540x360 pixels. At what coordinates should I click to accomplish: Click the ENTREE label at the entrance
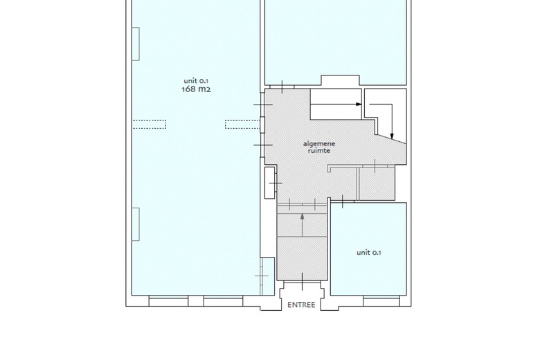point(301,305)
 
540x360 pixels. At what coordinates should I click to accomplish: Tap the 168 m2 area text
point(196,89)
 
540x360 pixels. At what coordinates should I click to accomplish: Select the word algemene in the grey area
point(319,144)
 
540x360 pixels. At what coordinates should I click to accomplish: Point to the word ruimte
point(319,150)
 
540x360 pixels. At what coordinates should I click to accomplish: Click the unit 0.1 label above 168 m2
point(196,81)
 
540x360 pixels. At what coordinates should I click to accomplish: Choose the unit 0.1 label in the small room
point(368,253)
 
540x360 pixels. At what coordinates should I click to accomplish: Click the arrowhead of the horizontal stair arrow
point(359,104)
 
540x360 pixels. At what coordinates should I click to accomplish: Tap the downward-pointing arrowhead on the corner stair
point(392,136)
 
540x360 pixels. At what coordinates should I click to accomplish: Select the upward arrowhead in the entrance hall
point(303,216)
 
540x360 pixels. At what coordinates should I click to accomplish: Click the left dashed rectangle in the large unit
point(150,125)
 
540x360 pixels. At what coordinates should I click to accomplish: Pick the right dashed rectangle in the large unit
point(242,125)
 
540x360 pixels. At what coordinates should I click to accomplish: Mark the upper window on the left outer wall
point(136,44)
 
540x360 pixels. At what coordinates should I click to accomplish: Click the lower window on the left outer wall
point(136,224)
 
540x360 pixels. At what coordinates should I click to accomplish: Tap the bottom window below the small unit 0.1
point(381,300)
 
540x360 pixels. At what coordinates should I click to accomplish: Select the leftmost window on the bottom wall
point(168,300)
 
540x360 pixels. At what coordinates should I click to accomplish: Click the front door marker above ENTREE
point(303,282)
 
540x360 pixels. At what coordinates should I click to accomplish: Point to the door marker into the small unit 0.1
point(342,201)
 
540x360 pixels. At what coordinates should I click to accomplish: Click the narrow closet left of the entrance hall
point(270,183)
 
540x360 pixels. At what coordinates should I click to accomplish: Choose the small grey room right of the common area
point(377,183)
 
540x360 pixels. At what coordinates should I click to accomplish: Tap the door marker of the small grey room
point(375,165)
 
